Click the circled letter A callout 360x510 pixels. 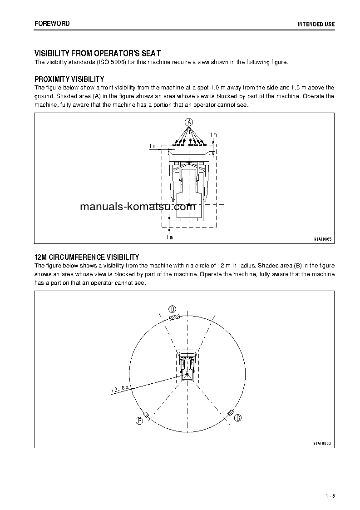coord(189,121)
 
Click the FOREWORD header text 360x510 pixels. coord(52,24)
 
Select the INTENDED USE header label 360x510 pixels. coord(316,24)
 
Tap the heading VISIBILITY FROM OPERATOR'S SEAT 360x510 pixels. coord(98,53)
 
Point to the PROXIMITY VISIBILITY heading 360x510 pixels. coord(69,79)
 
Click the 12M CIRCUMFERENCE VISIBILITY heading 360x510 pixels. coord(87,257)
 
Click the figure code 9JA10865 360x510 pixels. coord(322,239)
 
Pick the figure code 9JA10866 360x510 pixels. coord(322,443)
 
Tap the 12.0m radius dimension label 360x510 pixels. coord(121,388)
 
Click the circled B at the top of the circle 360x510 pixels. coord(172,308)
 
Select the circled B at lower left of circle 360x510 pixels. coord(139,421)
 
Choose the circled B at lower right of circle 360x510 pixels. coord(238,418)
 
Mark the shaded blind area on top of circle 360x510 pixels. coord(175,317)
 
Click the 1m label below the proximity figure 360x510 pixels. coord(169,237)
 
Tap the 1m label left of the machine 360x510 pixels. coord(153,146)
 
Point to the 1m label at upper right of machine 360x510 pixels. coord(213,135)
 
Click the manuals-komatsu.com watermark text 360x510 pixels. coord(137,207)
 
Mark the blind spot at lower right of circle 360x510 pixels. coord(231,412)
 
